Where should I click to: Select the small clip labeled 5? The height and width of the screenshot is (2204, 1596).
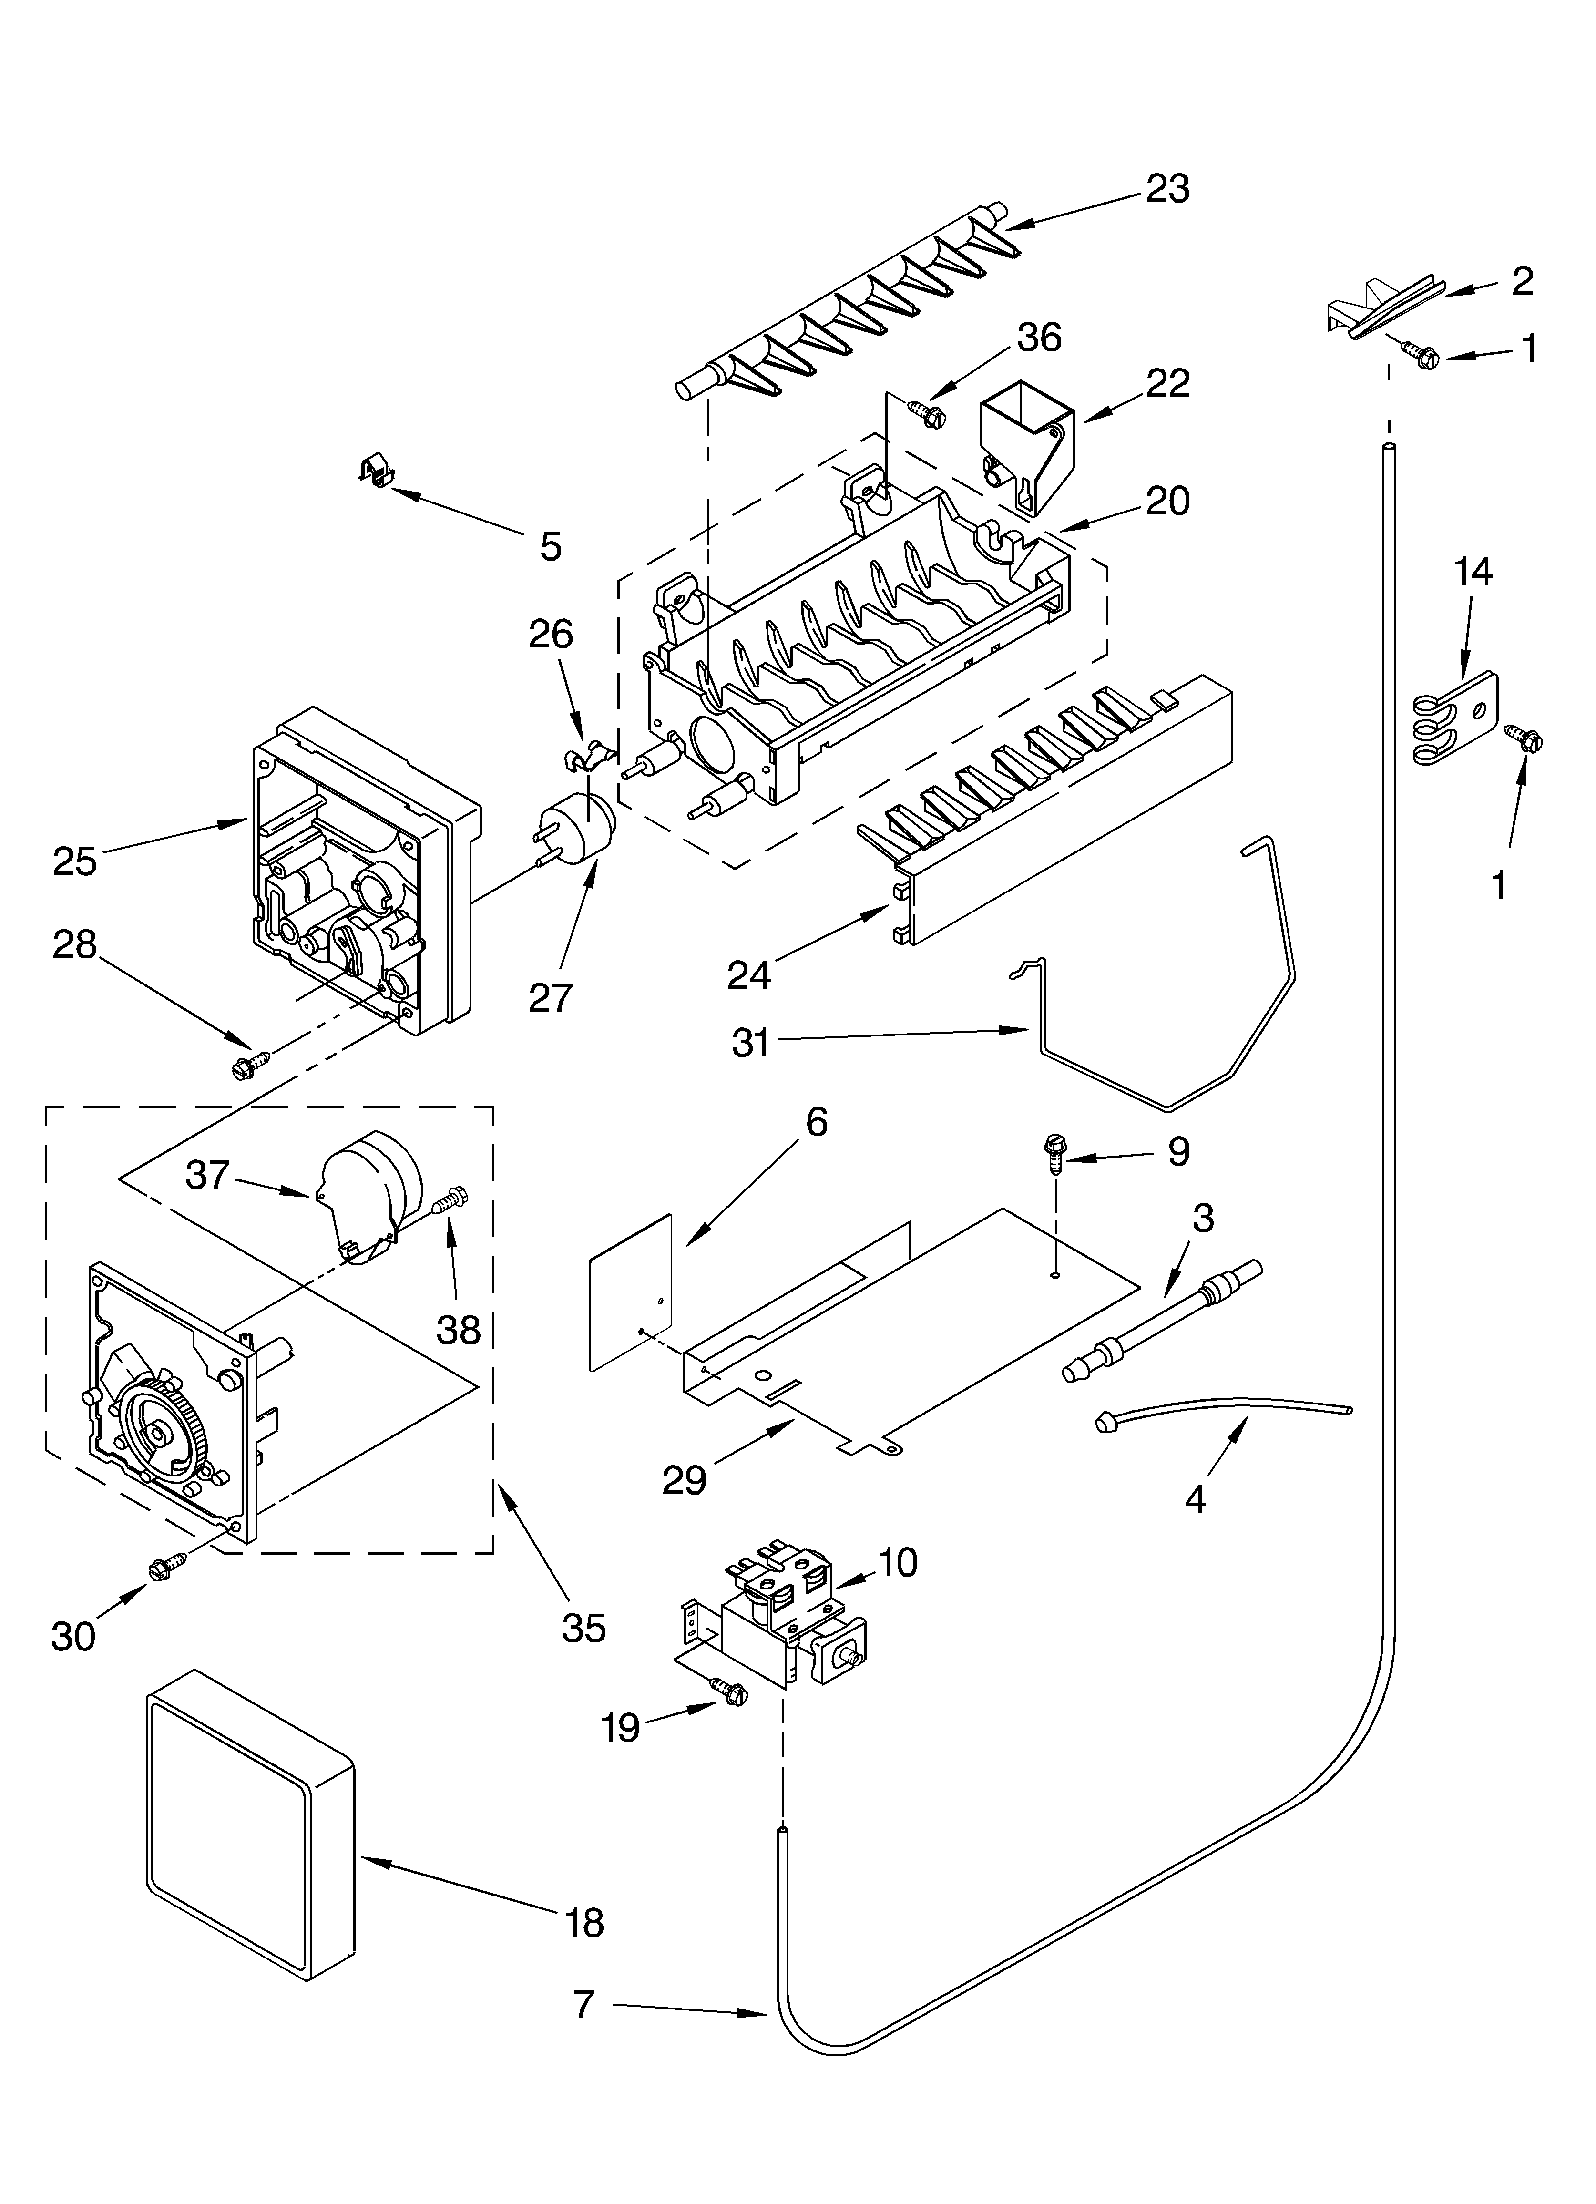(376, 472)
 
